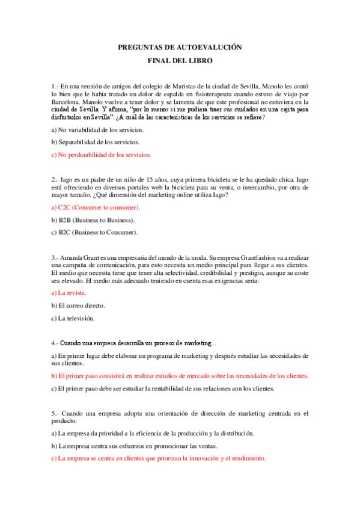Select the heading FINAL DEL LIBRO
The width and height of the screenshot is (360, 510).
180,61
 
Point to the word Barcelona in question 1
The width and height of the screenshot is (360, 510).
67,102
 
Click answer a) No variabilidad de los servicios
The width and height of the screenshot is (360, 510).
97,129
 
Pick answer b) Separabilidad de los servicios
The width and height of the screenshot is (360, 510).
96,142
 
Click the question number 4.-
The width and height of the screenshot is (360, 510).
55,343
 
